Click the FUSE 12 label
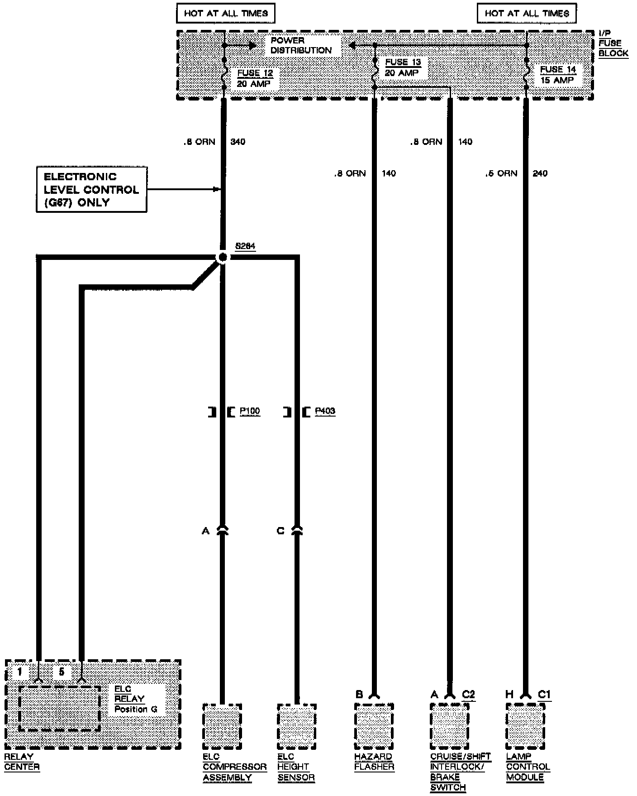click(x=255, y=73)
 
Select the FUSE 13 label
click(x=403, y=62)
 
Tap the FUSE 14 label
click(x=558, y=69)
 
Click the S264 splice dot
click(x=222, y=258)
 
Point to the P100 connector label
click(x=250, y=411)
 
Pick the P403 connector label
click(x=325, y=411)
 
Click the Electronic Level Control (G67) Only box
click(x=91, y=189)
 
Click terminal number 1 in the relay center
click(x=19, y=671)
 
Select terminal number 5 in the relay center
click(x=62, y=671)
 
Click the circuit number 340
click(x=238, y=142)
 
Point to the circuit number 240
click(x=540, y=173)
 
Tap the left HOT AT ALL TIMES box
click(x=225, y=14)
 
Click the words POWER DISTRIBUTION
click(x=301, y=45)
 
